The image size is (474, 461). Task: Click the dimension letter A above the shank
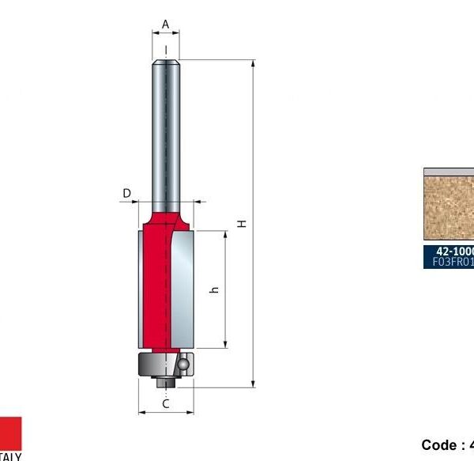click(165, 25)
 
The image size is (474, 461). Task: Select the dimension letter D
click(126, 192)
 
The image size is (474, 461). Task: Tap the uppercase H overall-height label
click(243, 224)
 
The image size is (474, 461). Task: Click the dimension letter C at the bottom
click(166, 403)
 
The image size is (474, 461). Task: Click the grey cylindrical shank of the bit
click(166, 127)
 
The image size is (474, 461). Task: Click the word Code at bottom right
click(438, 445)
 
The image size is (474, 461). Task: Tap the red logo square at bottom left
click(11, 433)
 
